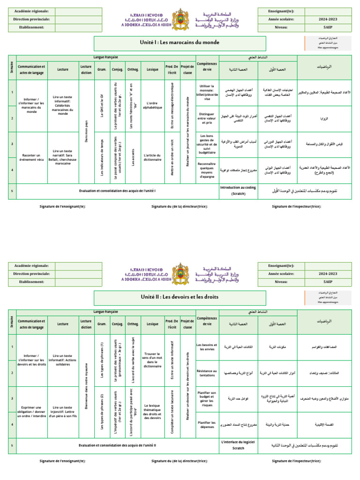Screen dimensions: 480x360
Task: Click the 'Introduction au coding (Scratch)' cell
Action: pos(238,190)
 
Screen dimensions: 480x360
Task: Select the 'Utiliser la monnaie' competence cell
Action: pos(206,93)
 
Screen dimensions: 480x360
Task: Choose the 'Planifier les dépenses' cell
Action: pos(206,425)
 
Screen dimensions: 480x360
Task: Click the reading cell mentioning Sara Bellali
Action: pos(63,157)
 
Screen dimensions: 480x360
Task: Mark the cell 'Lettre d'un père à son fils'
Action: pos(63,412)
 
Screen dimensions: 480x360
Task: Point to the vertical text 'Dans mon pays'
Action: pos(86,131)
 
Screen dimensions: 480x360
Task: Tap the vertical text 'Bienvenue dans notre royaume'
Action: pos(86,385)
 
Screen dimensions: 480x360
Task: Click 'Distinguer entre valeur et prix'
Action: pos(206,119)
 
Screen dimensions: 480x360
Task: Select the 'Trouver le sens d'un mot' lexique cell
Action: pos(152,360)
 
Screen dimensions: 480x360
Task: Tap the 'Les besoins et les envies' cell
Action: pos(206,347)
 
